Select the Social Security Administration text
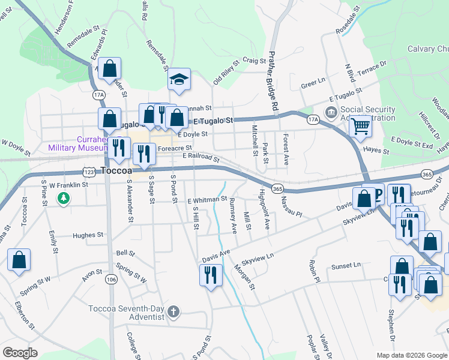click(368, 113)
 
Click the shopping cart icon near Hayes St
click(360, 126)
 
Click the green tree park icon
click(62, 197)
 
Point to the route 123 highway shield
click(88, 172)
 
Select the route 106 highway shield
click(110, 279)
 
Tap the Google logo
click(20, 352)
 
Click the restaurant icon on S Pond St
click(210, 275)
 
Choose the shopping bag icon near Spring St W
click(19, 260)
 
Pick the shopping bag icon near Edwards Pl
click(110, 69)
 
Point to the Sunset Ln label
click(348, 265)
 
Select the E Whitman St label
click(207, 200)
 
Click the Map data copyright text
click(411, 355)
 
